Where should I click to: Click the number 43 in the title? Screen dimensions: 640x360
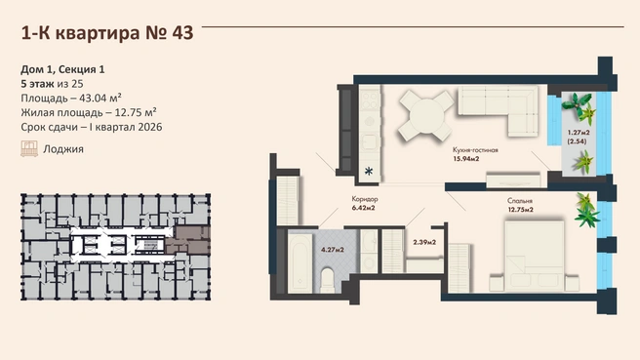(x=182, y=33)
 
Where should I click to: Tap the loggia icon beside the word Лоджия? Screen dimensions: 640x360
(x=29, y=149)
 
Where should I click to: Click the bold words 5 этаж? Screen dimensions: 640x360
(x=37, y=84)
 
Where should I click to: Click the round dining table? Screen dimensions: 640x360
(x=426, y=115)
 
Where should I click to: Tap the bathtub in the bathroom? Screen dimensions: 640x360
(x=300, y=262)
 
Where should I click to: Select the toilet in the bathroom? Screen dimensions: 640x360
(x=328, y=280)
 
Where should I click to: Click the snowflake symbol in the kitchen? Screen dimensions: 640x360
(x=369, y=171)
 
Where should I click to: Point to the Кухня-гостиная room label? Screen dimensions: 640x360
(x=475, y=150)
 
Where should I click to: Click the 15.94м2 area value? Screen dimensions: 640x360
(x=465, y=159)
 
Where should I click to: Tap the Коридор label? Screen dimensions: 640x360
(x=365, y=199)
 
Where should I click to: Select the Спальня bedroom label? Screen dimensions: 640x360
(x=520, y=201)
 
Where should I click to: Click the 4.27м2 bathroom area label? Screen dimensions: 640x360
(x=333, y=250)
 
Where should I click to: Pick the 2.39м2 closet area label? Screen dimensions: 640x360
(x=424, y=242)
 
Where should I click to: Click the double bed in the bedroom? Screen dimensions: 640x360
(x=535, y=257)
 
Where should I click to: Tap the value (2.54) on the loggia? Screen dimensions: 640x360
(x=577, y=141)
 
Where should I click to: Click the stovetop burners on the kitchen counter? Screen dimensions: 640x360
(x=370, y=100)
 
